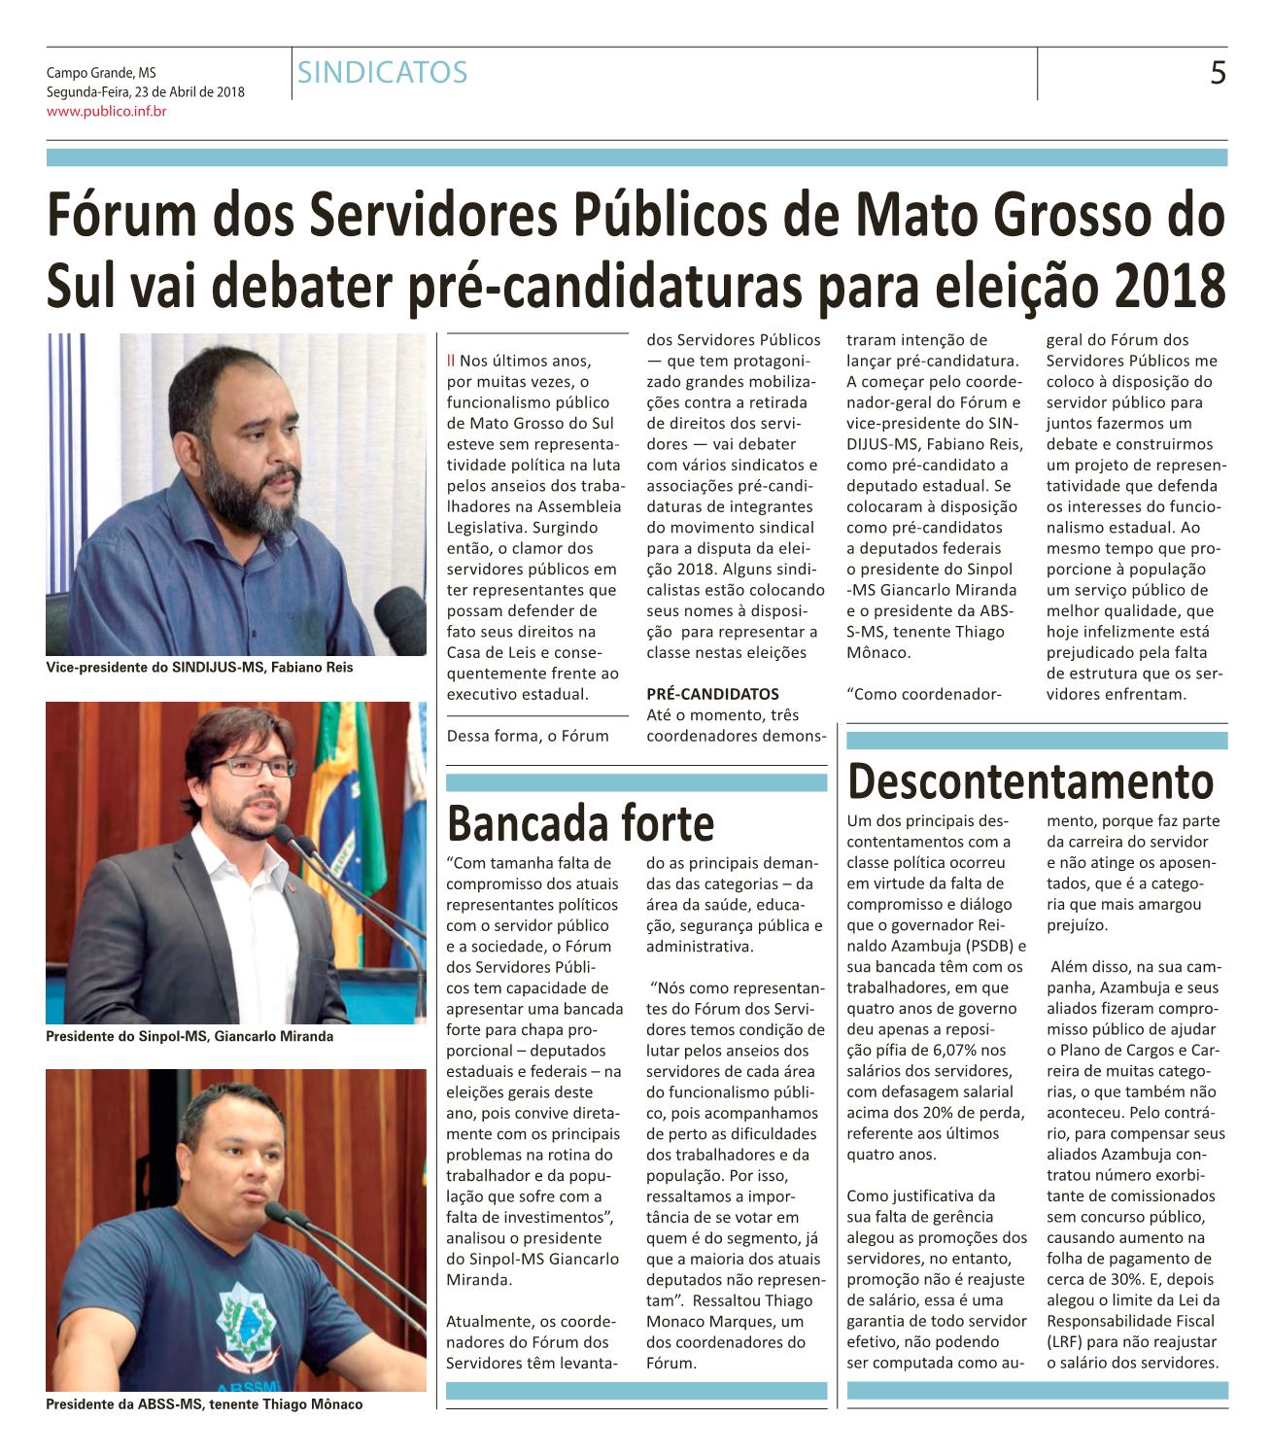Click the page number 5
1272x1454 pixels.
coord(1217,73)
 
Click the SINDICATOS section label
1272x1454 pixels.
coord(382,73)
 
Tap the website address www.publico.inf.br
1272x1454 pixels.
coord(107,112)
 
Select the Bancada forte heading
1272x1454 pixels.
coord(580,823)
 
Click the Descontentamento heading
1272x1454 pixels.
coord(1030,781)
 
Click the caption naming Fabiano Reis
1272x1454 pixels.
coord(199,668)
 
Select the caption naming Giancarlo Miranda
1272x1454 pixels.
coord(189,1037)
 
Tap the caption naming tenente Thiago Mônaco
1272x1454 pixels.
coord(204,1404)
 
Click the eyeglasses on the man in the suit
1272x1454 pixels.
coord(252,766)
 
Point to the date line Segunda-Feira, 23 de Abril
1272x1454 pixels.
coord(146,92)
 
